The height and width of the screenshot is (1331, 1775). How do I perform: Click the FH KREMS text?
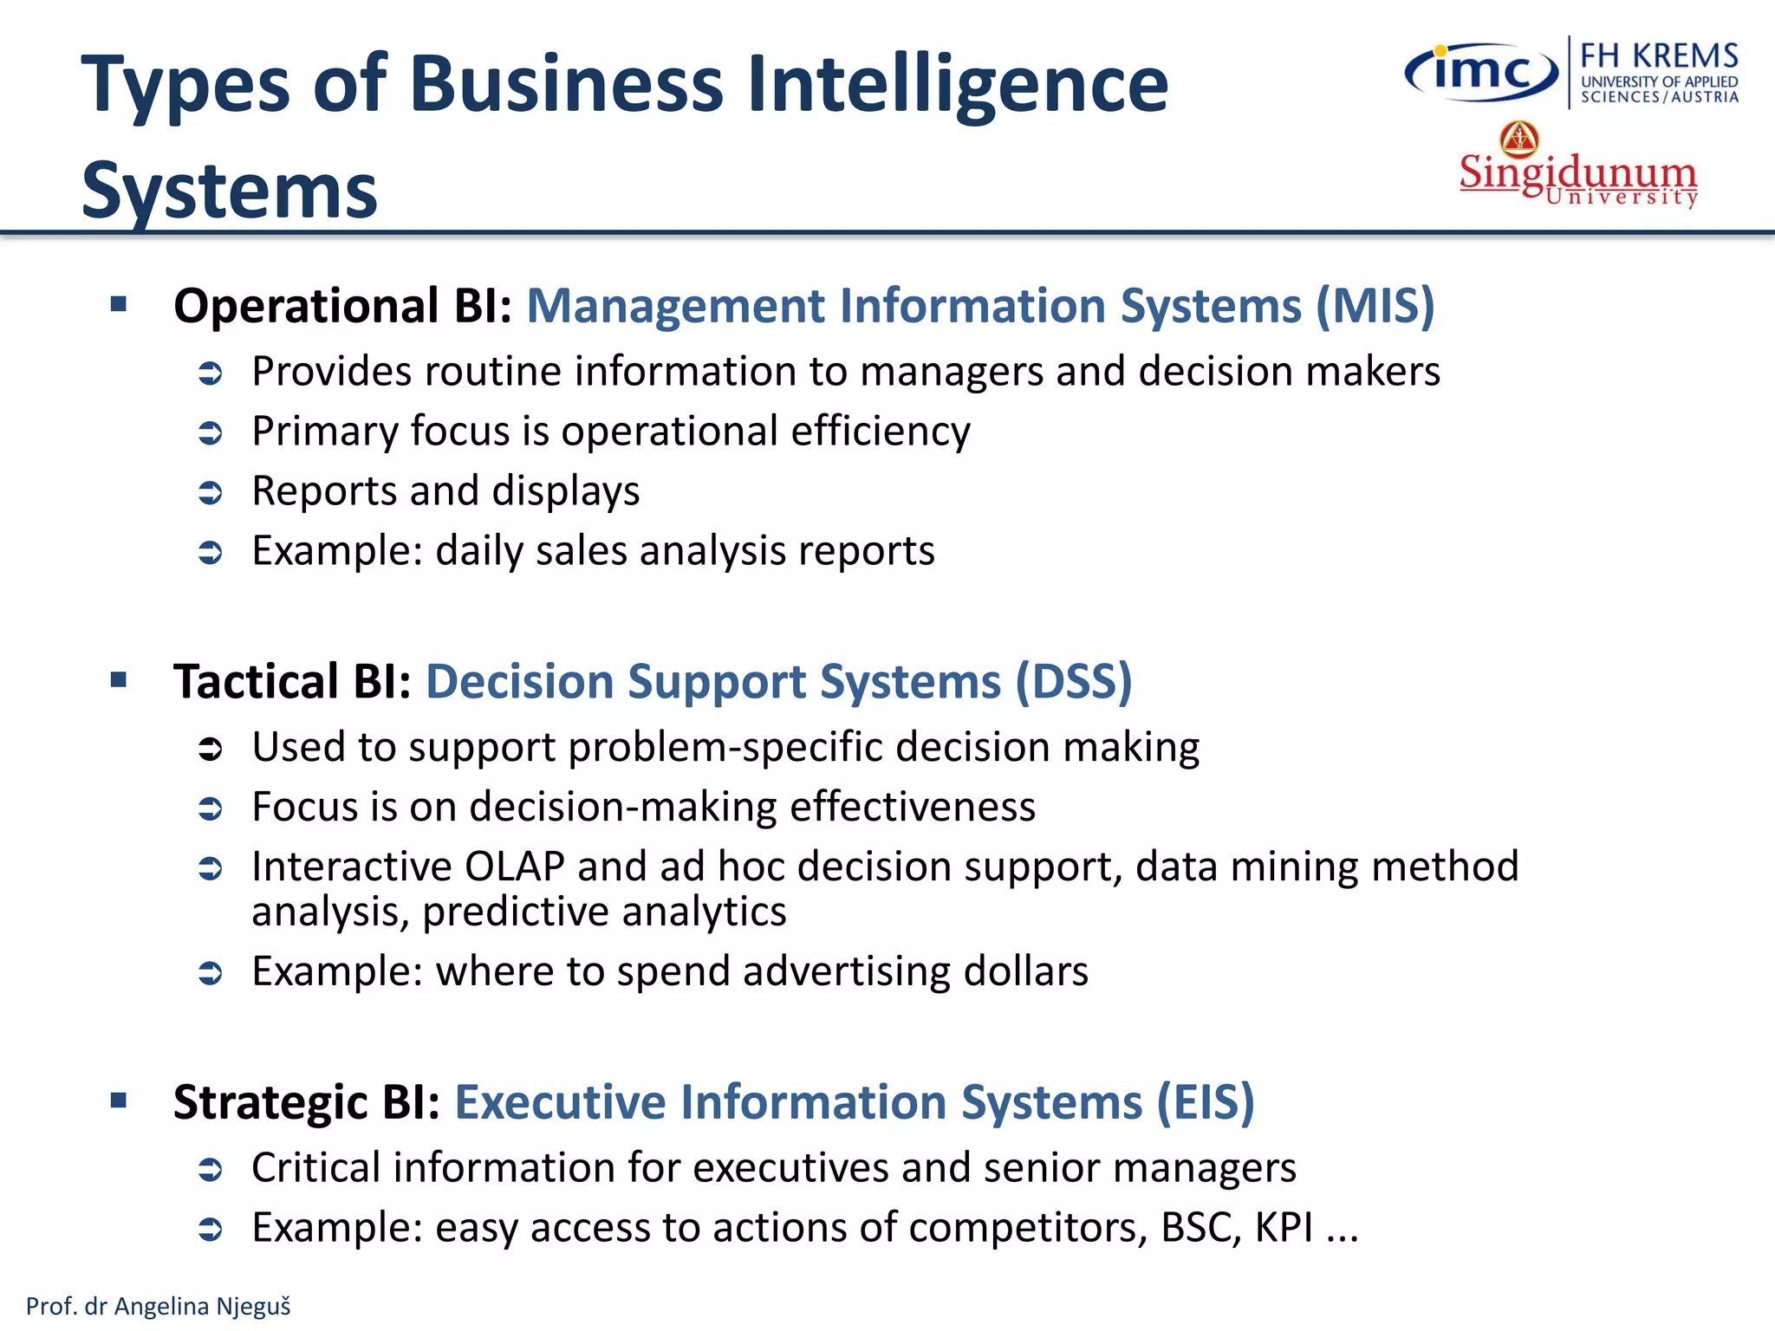tap(1659, 56)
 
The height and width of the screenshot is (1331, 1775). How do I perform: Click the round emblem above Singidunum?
tap(1519, 139)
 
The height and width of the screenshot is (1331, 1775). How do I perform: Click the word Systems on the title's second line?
tap(230, 191)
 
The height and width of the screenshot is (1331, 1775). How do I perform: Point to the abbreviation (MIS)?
tap(1375, 306)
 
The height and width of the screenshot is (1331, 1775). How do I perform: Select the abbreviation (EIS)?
tap(1206, 1102)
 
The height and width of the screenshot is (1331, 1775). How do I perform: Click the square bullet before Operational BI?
tap(119, 304)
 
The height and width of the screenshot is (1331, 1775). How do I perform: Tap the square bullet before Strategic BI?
tap(119, 1101)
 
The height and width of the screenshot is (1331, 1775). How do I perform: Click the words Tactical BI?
tap(292, 681)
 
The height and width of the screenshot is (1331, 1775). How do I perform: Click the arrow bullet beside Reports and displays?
tap(211, 493)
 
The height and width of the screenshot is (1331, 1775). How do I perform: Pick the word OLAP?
tap(515, 867)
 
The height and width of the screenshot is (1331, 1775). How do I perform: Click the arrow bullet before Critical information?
tap(211, 1170)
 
